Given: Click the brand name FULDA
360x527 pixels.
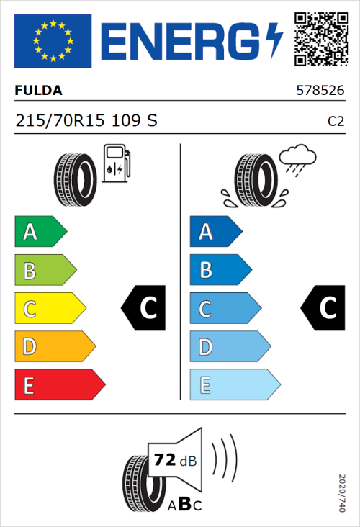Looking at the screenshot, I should (x=38, y=91).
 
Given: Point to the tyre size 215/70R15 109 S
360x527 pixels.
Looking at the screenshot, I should (x=86, y=122).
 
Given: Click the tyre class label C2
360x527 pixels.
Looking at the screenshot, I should (x=336, y=122).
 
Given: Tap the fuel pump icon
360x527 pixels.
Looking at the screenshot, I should (x=117, y=163).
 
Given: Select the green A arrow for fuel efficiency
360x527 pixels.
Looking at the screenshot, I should (x=40, y=232).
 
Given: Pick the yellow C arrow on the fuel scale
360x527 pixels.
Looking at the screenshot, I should (x=49, y=308).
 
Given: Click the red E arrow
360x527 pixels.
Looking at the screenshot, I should (x=59, y=385).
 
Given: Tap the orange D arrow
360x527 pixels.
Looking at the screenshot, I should (x=54, y=347).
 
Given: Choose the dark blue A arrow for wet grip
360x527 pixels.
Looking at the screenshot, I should (x=215, y=232).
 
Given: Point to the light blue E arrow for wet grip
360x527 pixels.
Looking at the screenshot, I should (x=234, y=385).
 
